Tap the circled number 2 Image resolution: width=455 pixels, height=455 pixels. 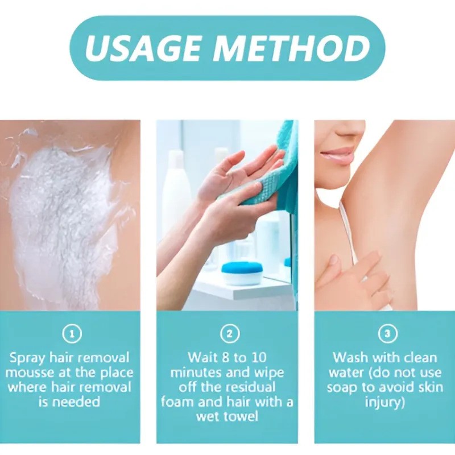(x=229, y=334)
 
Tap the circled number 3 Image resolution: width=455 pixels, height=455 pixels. (x=387, y=334)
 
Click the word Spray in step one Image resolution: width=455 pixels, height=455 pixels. (x=27, y=358)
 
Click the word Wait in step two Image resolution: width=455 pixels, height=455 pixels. (x=201, y=358)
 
